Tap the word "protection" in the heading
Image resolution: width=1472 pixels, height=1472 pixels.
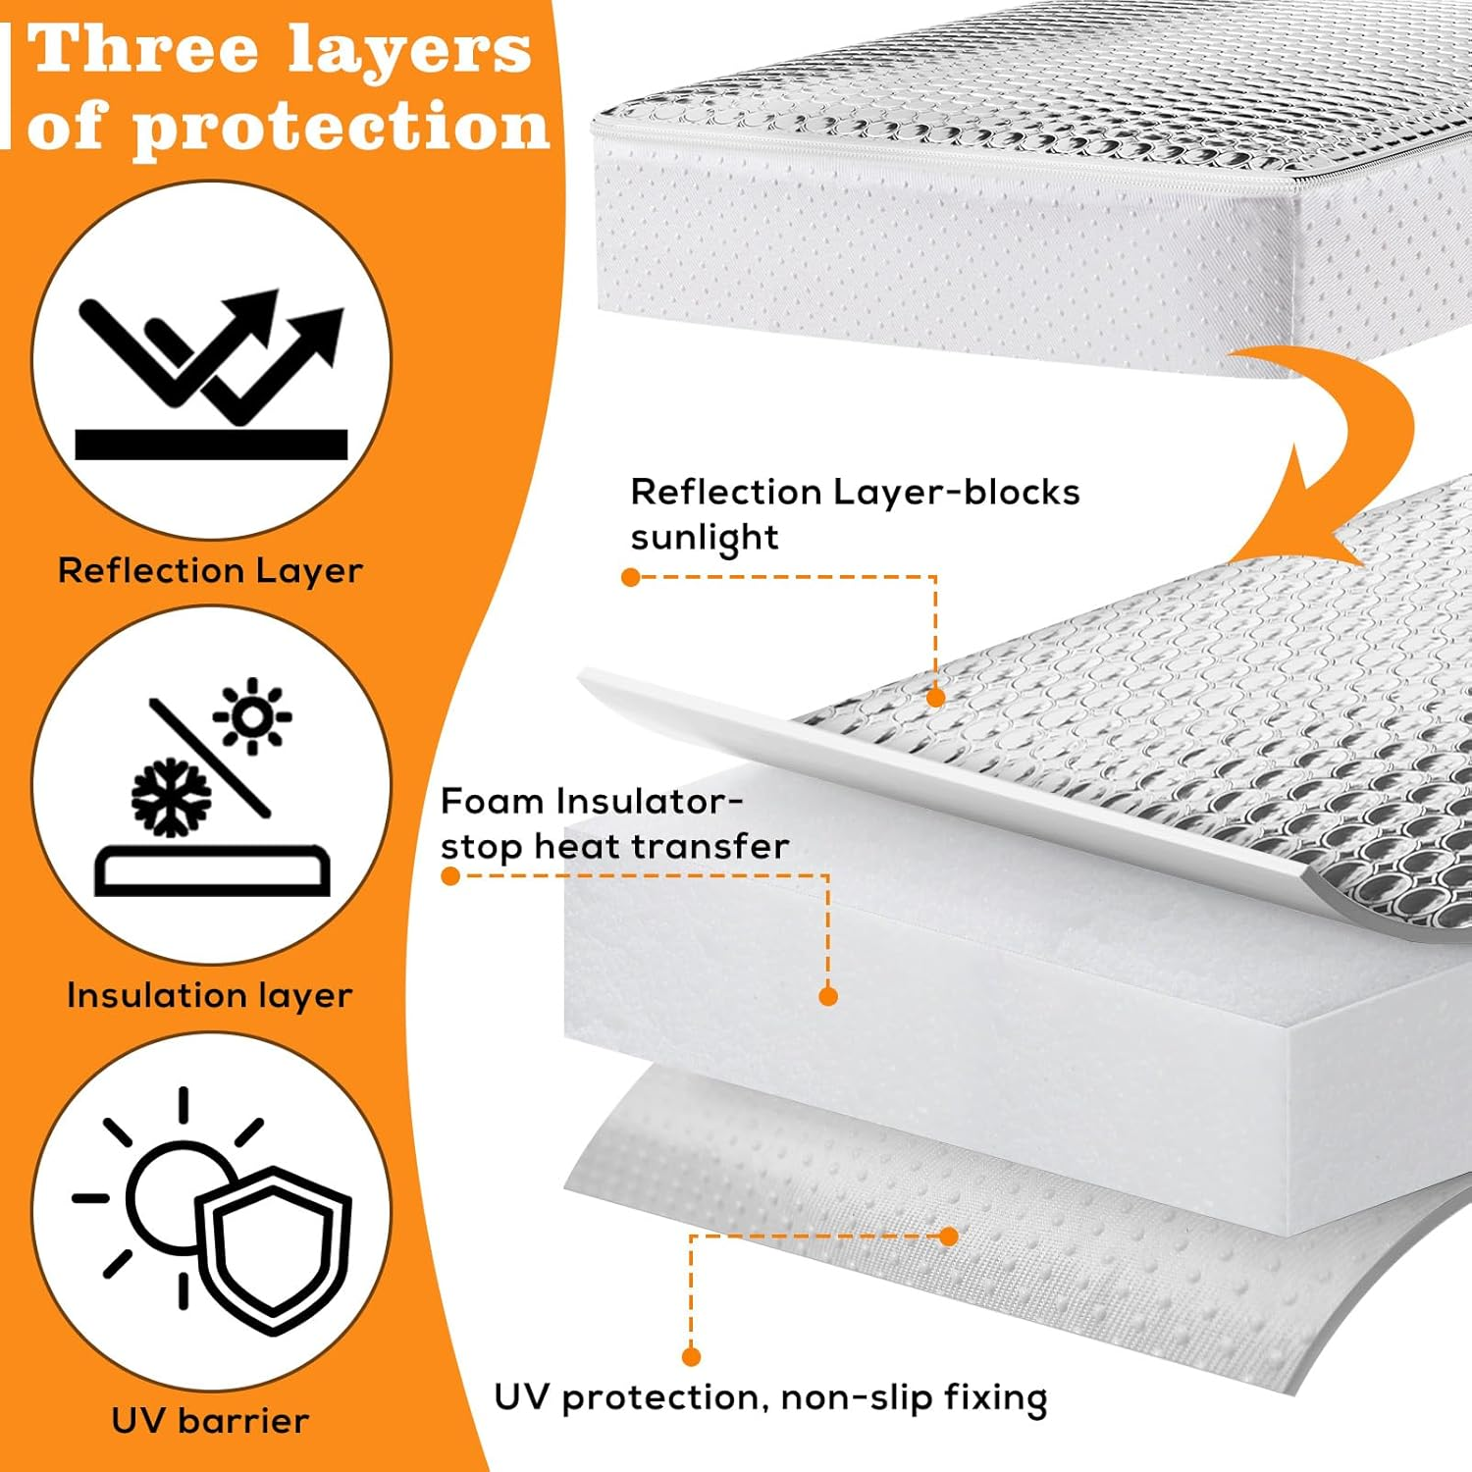341,128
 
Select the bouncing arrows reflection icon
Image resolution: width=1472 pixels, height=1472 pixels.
211,353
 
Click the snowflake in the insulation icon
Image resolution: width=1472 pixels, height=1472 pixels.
171,796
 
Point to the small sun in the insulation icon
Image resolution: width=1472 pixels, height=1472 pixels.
253,716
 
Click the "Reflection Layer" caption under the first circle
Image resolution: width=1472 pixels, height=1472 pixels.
210,570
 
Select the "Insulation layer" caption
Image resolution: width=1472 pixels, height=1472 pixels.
209,995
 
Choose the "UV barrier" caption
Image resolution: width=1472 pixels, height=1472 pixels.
210,1420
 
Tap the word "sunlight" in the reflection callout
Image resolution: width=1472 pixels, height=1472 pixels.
704,538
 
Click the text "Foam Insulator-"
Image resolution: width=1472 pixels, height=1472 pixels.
591,802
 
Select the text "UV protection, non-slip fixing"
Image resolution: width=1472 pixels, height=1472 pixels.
770,1397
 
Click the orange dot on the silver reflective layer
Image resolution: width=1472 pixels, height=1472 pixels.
935,698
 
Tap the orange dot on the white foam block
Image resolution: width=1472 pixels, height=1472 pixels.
828,996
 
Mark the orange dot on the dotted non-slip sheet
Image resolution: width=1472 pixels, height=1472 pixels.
949,1236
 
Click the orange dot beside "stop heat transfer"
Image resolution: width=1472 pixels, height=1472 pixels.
450,875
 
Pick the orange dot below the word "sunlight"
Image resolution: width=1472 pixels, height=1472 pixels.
631,577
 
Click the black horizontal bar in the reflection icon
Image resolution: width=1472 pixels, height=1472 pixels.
211,445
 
